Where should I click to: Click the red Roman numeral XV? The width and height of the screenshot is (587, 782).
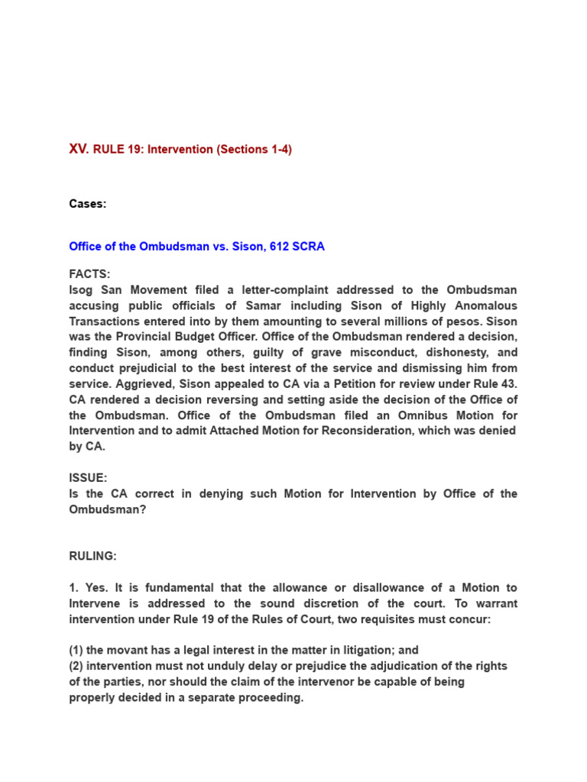point(79,149)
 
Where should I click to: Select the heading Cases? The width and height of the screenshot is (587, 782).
point(88,204)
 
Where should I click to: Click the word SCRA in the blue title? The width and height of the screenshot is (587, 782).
point(306,247)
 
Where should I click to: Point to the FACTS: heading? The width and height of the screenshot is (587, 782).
point(89,274)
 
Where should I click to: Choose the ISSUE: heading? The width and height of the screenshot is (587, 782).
point(87,478)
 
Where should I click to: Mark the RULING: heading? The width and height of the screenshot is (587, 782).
point(93,556)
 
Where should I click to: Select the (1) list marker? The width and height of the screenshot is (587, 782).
point(76,650)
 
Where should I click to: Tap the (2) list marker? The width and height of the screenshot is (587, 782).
point(76,666)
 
